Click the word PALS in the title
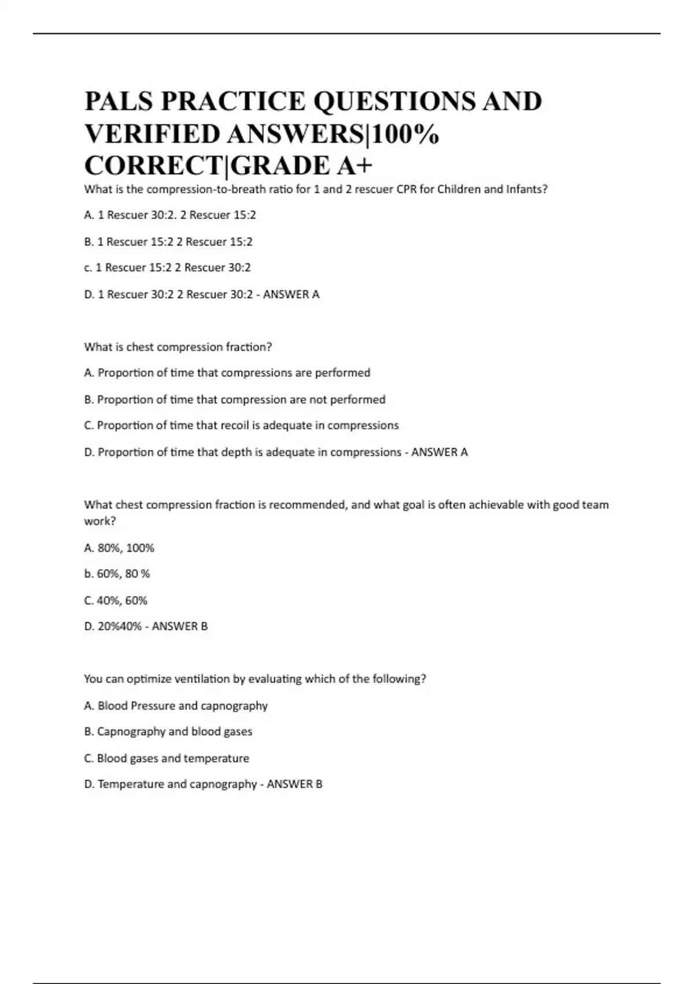point(118,102)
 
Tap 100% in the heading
point(405,134)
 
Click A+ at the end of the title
point(354,166)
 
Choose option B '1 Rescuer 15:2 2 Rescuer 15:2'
point(168,241)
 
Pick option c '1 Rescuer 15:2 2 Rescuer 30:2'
point(167,267)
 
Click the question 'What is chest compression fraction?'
point(178,347)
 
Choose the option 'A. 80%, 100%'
point(119,548)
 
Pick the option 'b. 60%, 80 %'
point(117,574)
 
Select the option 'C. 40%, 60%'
point(116,600)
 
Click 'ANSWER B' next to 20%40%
point(179,626)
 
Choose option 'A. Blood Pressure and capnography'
point(176,706)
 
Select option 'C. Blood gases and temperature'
point(167,758)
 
